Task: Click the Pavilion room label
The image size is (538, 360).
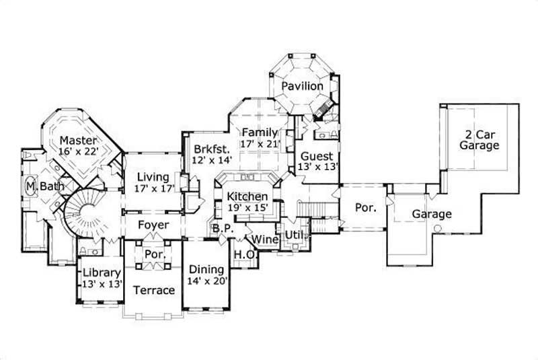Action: pos(302,87)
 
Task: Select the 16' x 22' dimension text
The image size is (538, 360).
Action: pos(79,152)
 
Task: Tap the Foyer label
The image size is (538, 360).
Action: pos(154,225)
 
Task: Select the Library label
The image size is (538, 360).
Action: pos(102,273)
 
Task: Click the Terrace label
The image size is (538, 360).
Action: pos(153,291)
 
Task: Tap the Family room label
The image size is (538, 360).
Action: pos(260,132)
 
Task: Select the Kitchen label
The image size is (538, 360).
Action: pos(247,196)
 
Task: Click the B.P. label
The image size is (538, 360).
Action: pos(223,229)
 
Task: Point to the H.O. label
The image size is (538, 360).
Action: pos(242,254)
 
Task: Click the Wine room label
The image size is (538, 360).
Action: pos(265,239)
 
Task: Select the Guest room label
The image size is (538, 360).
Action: pos(317,157)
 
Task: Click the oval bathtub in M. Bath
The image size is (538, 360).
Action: pos(30,186)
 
